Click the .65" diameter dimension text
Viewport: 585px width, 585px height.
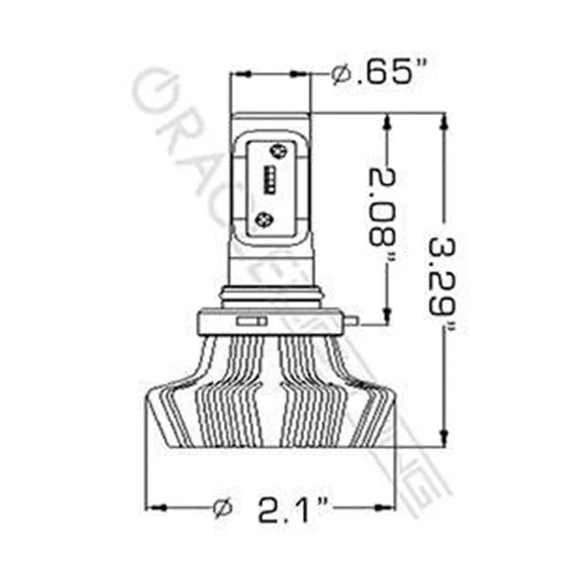pos(386,75)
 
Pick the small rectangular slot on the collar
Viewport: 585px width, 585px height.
pos(250,321)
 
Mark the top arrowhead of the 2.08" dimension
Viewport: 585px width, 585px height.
pos(385,120)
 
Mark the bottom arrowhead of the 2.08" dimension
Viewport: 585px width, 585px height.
pos(385,315)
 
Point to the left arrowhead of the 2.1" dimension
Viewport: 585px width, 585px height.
pos(155,507)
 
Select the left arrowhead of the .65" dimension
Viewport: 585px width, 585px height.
pos(237,75)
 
